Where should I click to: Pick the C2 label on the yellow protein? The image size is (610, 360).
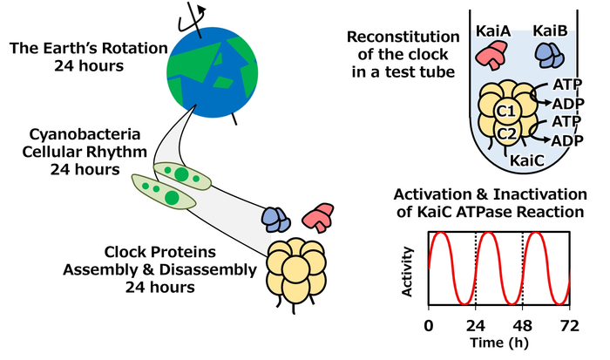[507, 133]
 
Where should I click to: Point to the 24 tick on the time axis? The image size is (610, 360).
[475, 326]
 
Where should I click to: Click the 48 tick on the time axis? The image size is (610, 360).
[522, 326]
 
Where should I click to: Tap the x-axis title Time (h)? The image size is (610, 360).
[498, 345]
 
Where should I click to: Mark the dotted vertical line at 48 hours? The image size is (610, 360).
[522, 268]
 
